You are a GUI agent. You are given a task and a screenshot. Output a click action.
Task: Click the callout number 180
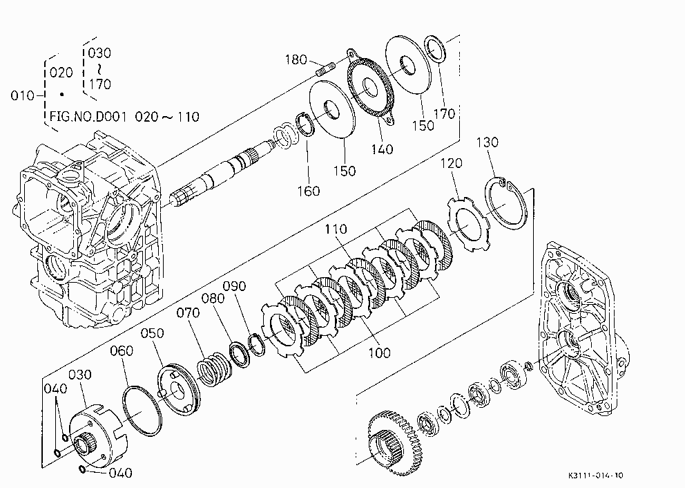coord(296,59)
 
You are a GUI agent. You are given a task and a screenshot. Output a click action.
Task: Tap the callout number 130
coord(487,142)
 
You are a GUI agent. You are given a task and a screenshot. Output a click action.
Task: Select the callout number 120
coord(452,163)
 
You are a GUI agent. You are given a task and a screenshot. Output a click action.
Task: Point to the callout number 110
coord(336,229)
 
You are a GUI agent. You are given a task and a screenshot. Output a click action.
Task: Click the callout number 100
coord(379,353)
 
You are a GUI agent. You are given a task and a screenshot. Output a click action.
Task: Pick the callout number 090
coord(235,286)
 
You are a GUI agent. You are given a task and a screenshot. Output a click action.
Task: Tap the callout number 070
coord(189,312)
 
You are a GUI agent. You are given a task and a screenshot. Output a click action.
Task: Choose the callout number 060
coord(122,350)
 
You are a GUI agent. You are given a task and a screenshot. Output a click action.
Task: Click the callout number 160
coord(309,191)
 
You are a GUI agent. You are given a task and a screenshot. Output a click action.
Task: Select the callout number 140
coord(383,149)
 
